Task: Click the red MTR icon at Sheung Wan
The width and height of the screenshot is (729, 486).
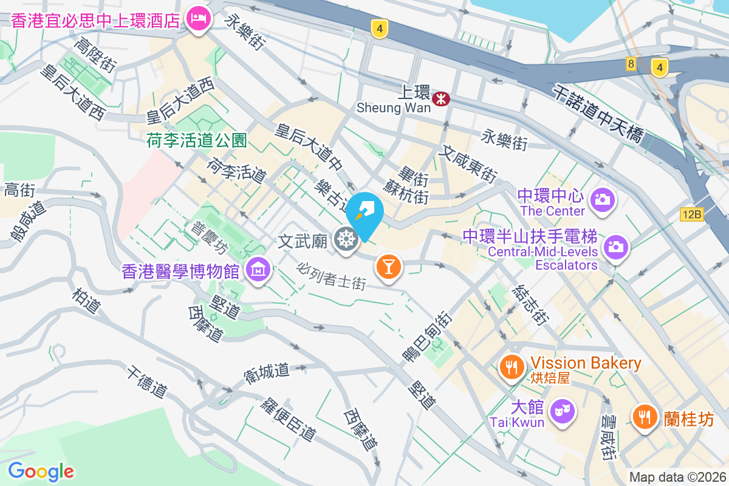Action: tap(441, 98)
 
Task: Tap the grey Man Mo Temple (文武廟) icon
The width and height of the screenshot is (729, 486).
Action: tap(346, 241)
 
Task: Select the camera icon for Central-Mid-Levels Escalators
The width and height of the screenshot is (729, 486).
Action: tap(616, 247)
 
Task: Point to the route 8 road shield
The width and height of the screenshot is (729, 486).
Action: tap(631, 64)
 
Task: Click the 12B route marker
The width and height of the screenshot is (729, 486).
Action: tap(691, 214)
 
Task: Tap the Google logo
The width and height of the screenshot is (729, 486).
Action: tap(41, 471)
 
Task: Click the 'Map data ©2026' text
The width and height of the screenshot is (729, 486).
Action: tap(677, 477)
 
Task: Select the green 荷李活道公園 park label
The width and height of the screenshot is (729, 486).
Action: tap(197, 141)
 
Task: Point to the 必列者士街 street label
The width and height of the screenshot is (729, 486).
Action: tap(332, 276)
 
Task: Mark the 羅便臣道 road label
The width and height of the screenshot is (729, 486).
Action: tap(289, 419)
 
